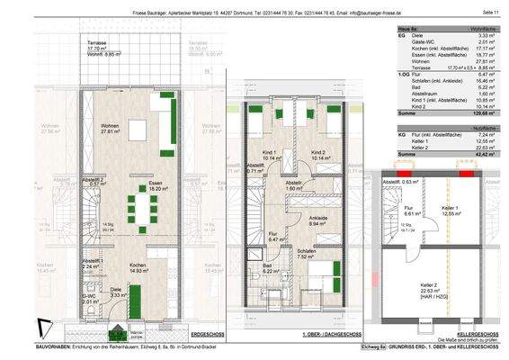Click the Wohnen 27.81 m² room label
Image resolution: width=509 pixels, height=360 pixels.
point(112,128)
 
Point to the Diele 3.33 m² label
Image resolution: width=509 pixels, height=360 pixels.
point(117,292)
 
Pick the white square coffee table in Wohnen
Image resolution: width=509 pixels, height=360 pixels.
point(138,129)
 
